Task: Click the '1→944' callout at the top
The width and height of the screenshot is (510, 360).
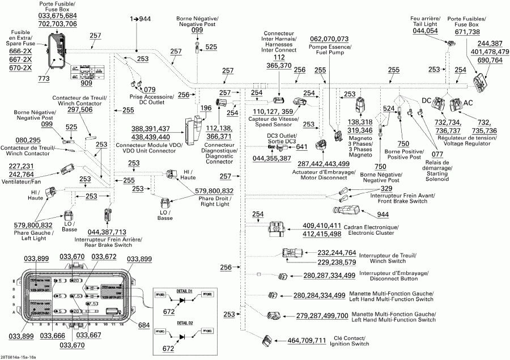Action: point(141,19)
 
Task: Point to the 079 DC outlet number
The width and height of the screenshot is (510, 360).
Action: point(150,89)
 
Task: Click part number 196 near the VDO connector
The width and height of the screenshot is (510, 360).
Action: point(205,108)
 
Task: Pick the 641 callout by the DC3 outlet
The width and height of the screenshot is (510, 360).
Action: point(301,147)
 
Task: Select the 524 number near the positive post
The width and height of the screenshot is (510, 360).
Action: point(389,108)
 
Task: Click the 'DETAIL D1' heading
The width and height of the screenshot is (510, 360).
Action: point(185,290)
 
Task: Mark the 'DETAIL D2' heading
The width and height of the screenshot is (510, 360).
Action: point(185,323)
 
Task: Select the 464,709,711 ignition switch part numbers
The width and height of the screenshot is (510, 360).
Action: point(307,340)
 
